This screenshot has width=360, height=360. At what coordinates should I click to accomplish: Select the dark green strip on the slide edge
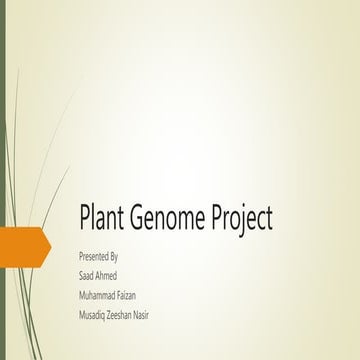coord(3,180)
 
